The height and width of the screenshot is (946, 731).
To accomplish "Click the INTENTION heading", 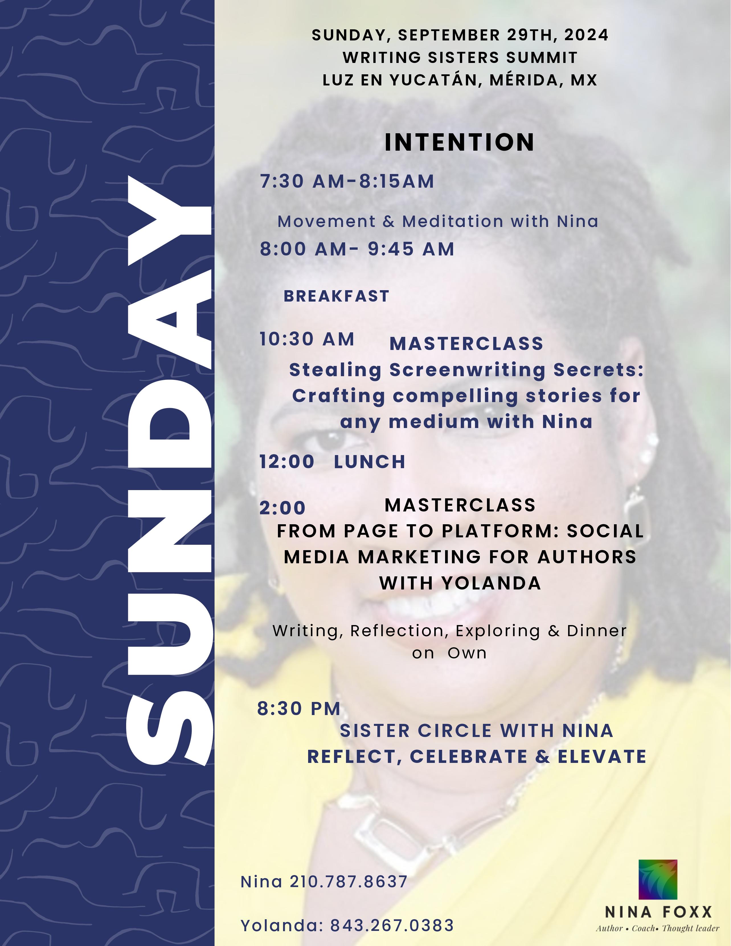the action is coord(459,142).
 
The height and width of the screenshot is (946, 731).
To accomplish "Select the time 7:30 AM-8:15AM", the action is coord(347,181).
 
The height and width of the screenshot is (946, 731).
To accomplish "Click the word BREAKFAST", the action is coord(337,296).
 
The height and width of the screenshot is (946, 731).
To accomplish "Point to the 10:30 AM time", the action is coord(307,339).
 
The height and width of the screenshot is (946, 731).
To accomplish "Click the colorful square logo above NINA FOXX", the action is coord(658,880).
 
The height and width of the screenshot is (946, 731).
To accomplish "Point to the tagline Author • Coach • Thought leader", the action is coord(657,928).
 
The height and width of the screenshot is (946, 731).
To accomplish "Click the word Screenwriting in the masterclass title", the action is coord(467,370).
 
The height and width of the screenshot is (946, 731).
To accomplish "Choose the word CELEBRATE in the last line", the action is coord(468,757).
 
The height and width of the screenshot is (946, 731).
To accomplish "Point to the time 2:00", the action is coord(282,508).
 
